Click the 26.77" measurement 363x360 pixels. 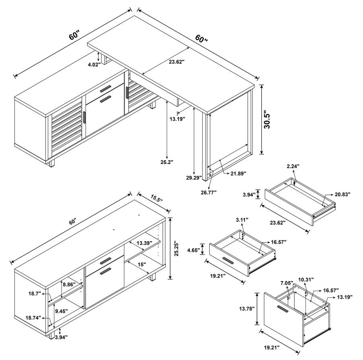tap(208, 192)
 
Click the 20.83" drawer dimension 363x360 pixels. tap(342, 194)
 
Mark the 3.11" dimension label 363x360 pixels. tap(242, 220)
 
